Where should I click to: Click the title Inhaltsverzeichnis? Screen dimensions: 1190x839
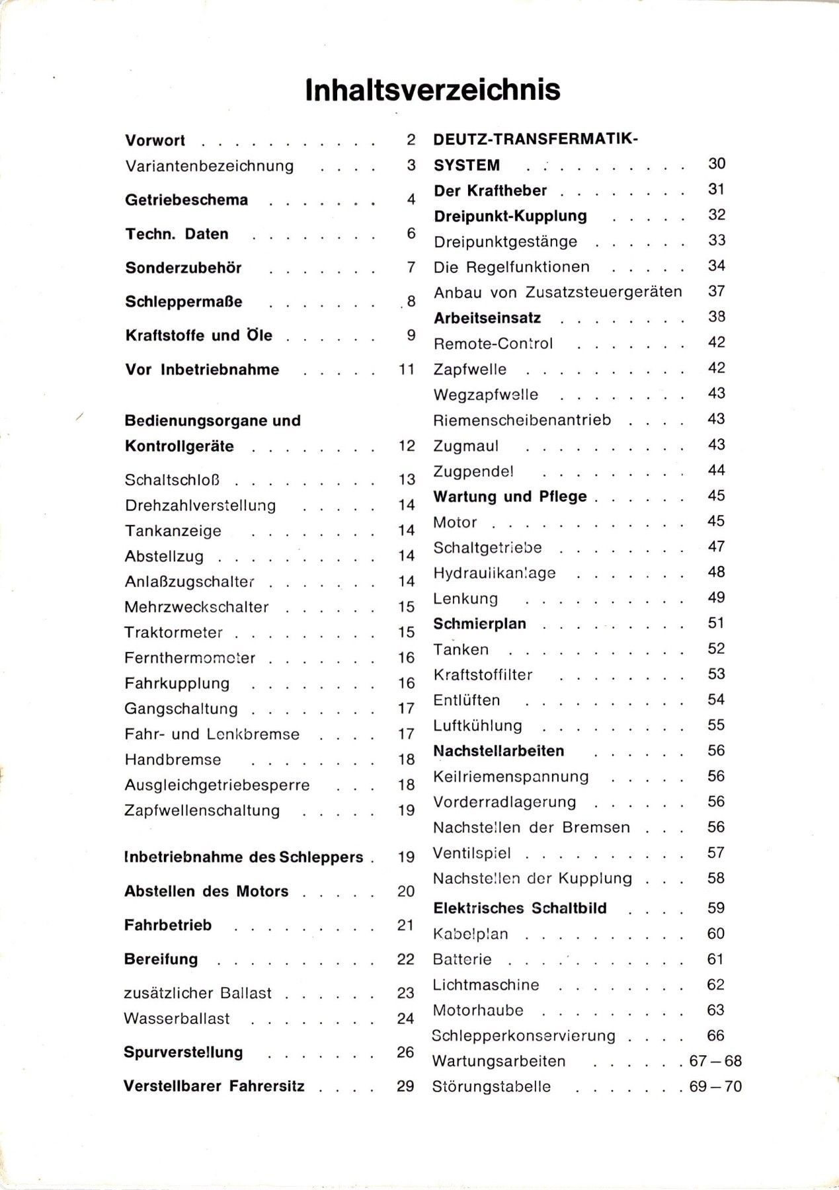[432, 90]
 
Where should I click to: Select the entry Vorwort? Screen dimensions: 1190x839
[155, 141]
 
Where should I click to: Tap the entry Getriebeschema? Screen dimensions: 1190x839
[186, 200]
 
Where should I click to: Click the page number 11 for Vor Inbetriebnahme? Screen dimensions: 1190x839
[406, 369]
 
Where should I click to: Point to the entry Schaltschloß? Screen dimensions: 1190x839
[172, 480]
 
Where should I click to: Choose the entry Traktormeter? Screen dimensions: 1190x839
[174, 633]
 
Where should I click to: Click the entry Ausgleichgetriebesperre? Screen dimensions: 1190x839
[217, 785]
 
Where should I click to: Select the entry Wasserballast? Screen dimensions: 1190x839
[177, 1019]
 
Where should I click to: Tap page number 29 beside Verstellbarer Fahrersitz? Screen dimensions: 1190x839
[405, 1086]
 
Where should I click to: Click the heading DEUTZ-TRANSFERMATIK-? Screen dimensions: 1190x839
[536, 139]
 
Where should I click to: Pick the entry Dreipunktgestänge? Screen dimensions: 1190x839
[505, 242]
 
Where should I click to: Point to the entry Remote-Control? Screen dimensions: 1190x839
[493, 344]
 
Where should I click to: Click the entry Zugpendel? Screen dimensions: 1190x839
[473, 471]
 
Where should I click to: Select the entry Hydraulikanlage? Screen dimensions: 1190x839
[495, 573]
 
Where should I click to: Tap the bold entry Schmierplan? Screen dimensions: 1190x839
[479, 624]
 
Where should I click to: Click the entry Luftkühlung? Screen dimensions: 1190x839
[477, 726]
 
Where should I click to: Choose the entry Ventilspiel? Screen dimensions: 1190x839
[471, 853]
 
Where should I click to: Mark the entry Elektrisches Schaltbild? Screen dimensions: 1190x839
[520, 908]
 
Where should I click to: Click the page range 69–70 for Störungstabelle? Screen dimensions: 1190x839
[715, 1087]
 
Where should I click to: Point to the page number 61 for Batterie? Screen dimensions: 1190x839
[715, 959]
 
